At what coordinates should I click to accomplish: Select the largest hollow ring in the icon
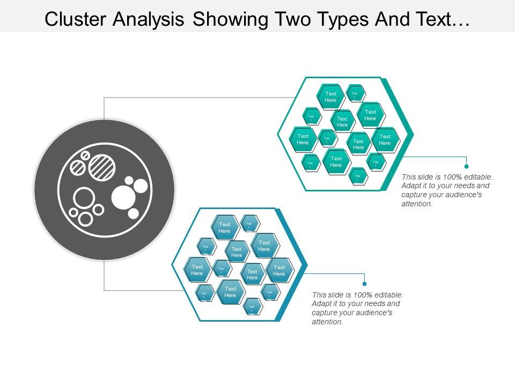click(84, 198)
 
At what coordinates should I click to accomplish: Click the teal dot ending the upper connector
click(466, 166)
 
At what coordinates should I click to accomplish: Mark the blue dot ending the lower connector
click(364, 284)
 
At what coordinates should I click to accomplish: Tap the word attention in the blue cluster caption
click(327, 322)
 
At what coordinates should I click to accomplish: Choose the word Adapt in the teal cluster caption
click(411, 185)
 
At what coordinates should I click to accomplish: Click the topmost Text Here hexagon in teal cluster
click(330, 96)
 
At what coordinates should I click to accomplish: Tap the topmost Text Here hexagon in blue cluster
click(224, 227)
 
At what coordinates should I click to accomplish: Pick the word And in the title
click(378, 19)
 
